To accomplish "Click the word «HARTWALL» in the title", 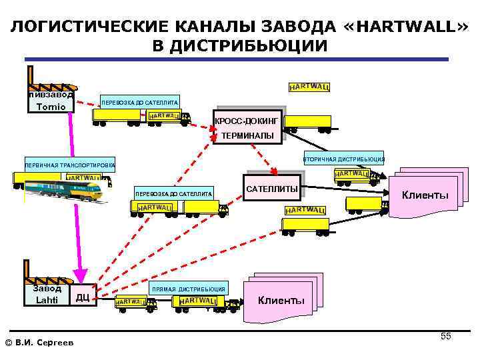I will [x=409, y=27].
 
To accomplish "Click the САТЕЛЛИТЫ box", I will [x=272, y=189].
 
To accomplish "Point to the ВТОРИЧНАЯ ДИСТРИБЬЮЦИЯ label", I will [x=343, y=159].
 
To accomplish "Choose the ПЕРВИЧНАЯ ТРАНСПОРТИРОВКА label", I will [x=69, y=164].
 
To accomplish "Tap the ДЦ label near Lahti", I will [x=83, y=297].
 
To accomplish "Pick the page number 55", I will [x=446, y=336].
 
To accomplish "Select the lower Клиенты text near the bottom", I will [x=281, y=300].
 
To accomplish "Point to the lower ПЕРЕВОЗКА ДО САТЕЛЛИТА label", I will [x=173, y=193].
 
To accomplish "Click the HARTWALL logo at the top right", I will [x=309, y=87].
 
